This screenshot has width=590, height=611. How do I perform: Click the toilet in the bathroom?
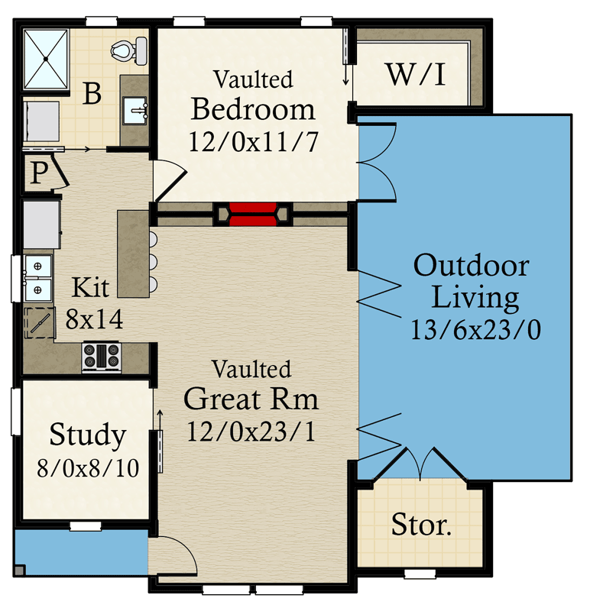point(129,50)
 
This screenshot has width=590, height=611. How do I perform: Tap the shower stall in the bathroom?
point(46,60)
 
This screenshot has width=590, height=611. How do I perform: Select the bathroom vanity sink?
point(135,109)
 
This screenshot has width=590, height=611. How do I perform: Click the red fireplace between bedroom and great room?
point(253,215)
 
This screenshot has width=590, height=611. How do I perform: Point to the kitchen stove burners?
point(102,356)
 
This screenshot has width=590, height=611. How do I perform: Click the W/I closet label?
point(416,74)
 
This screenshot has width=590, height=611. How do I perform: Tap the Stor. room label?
point(421,524)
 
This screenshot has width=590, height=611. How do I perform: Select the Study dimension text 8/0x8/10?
point(88,468)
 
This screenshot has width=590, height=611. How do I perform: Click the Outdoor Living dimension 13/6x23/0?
point(475,330)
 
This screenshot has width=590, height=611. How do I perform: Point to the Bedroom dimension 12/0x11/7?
point(254,141)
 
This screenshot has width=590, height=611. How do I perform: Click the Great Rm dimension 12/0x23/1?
point(251,431)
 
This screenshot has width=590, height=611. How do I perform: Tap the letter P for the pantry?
point(40,173)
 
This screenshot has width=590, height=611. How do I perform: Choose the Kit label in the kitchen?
point(90,287)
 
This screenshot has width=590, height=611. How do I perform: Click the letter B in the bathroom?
point(92,93)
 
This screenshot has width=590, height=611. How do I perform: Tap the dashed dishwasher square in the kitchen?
point(40,322)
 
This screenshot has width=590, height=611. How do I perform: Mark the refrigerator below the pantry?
point(42,225)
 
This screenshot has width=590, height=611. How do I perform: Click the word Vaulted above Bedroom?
point(254,79)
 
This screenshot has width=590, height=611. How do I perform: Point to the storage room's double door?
point(420,464)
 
